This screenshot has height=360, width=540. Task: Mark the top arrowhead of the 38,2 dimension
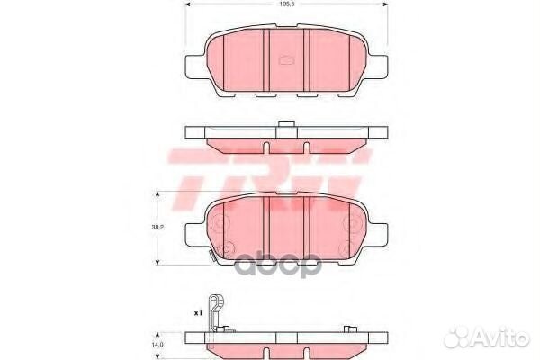pyautogui.click(x=159, y=194)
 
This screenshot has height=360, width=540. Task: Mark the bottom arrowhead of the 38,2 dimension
pyautogui.click(x=159, y=262)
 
